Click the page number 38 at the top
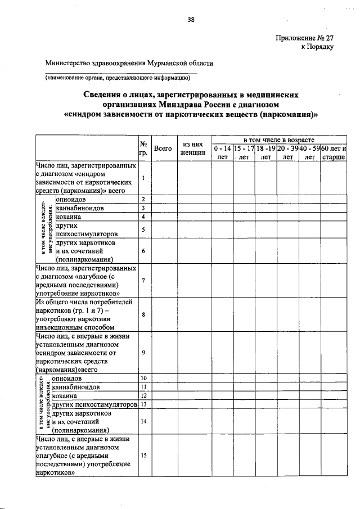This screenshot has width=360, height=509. [191, 20]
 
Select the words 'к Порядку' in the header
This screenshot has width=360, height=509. [318, 47]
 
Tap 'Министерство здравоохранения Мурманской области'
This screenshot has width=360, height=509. [129, 64]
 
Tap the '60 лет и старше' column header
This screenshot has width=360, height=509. [333, 152]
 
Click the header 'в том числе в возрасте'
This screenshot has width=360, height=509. [278, 139]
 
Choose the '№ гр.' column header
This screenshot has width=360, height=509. [143, 148]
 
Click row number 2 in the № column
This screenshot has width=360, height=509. [143, 199]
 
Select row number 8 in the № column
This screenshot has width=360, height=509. [143, 315]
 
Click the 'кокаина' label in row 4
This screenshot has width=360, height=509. [69, 217]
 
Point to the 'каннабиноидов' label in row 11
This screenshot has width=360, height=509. [79, 387]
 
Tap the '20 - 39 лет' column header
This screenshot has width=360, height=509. [287, 152]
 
